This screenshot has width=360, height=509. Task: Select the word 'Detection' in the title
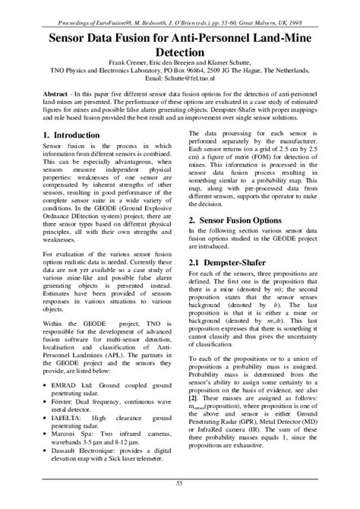click(180, 51)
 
